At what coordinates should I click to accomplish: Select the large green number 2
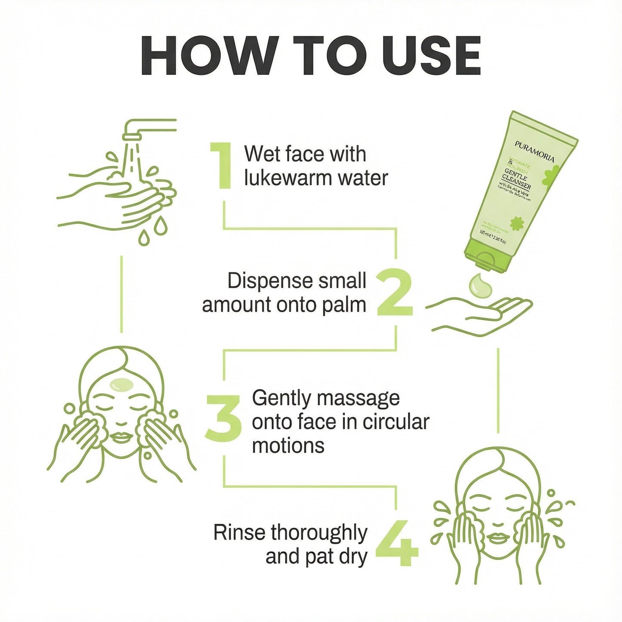tap(394, 293)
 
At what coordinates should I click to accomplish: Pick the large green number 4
tap(396, 543)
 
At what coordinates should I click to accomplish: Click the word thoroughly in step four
tap(319, 533)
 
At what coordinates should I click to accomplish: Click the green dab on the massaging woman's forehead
tap(121, 384)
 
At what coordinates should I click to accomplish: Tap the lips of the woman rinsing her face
tap(498, 538)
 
